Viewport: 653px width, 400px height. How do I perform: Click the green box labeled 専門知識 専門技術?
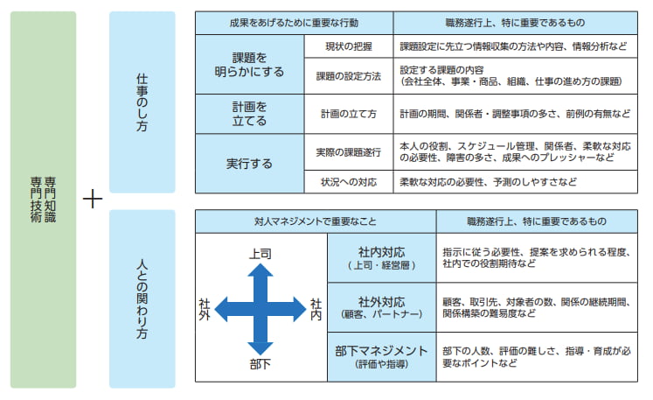pos(44,200)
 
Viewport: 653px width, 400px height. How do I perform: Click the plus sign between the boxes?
pos(93,199)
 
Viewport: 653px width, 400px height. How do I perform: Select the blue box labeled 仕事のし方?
pos(142,102)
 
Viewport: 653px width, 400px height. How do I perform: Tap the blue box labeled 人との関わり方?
pos(142,298)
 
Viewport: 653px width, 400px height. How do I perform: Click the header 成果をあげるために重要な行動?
pos(294,23)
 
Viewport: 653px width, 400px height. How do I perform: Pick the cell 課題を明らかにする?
pos(250,64)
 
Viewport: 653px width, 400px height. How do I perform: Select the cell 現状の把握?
pos(349,46)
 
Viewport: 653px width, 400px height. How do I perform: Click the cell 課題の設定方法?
pos(349,76)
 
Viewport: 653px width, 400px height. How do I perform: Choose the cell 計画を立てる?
pos(250,114)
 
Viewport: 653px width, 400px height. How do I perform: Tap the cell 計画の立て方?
pos(349,114)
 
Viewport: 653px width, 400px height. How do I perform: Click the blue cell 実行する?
pos(250,164)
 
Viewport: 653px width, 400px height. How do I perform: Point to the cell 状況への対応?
pos(349,182)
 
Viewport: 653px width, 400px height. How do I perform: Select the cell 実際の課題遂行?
pos(349,152)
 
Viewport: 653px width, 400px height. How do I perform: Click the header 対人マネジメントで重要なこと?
pos(316,221)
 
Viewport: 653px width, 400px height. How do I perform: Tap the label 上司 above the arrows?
pos(261,254)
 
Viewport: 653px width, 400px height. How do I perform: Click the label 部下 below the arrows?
pos(261,364)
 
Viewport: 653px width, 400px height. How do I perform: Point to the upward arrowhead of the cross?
pos(261,270)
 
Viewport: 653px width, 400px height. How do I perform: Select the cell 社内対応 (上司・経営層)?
pos(382,258)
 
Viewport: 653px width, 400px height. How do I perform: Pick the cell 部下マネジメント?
pos(382,357)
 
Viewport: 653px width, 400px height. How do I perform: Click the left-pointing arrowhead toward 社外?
pos(221,309)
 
